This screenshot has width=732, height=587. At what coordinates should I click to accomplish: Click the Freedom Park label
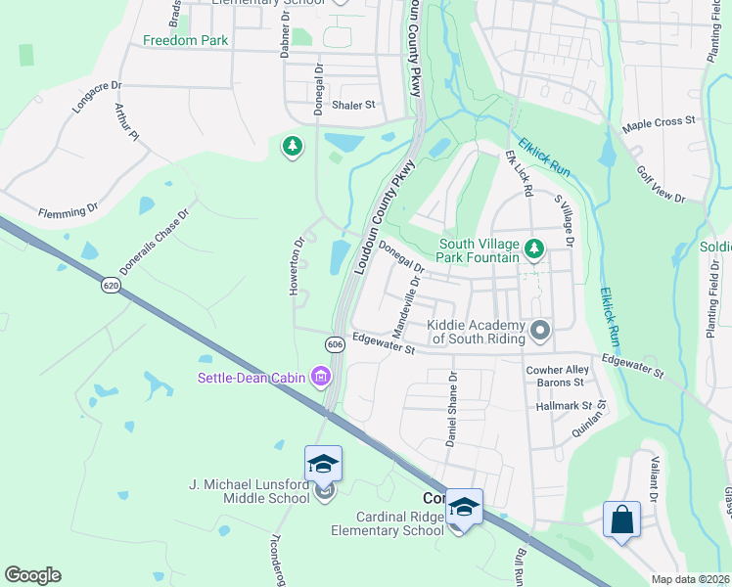(185, 41)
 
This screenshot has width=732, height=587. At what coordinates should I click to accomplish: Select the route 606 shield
(335, 344)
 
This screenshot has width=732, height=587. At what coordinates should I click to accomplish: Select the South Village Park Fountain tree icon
(533, 250)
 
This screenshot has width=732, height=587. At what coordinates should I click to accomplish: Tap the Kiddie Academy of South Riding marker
(539, 332)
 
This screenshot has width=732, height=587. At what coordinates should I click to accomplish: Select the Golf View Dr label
(663, 183)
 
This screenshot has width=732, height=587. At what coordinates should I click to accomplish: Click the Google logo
(32, 575)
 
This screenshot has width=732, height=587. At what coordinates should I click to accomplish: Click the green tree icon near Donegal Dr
(292, 147)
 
